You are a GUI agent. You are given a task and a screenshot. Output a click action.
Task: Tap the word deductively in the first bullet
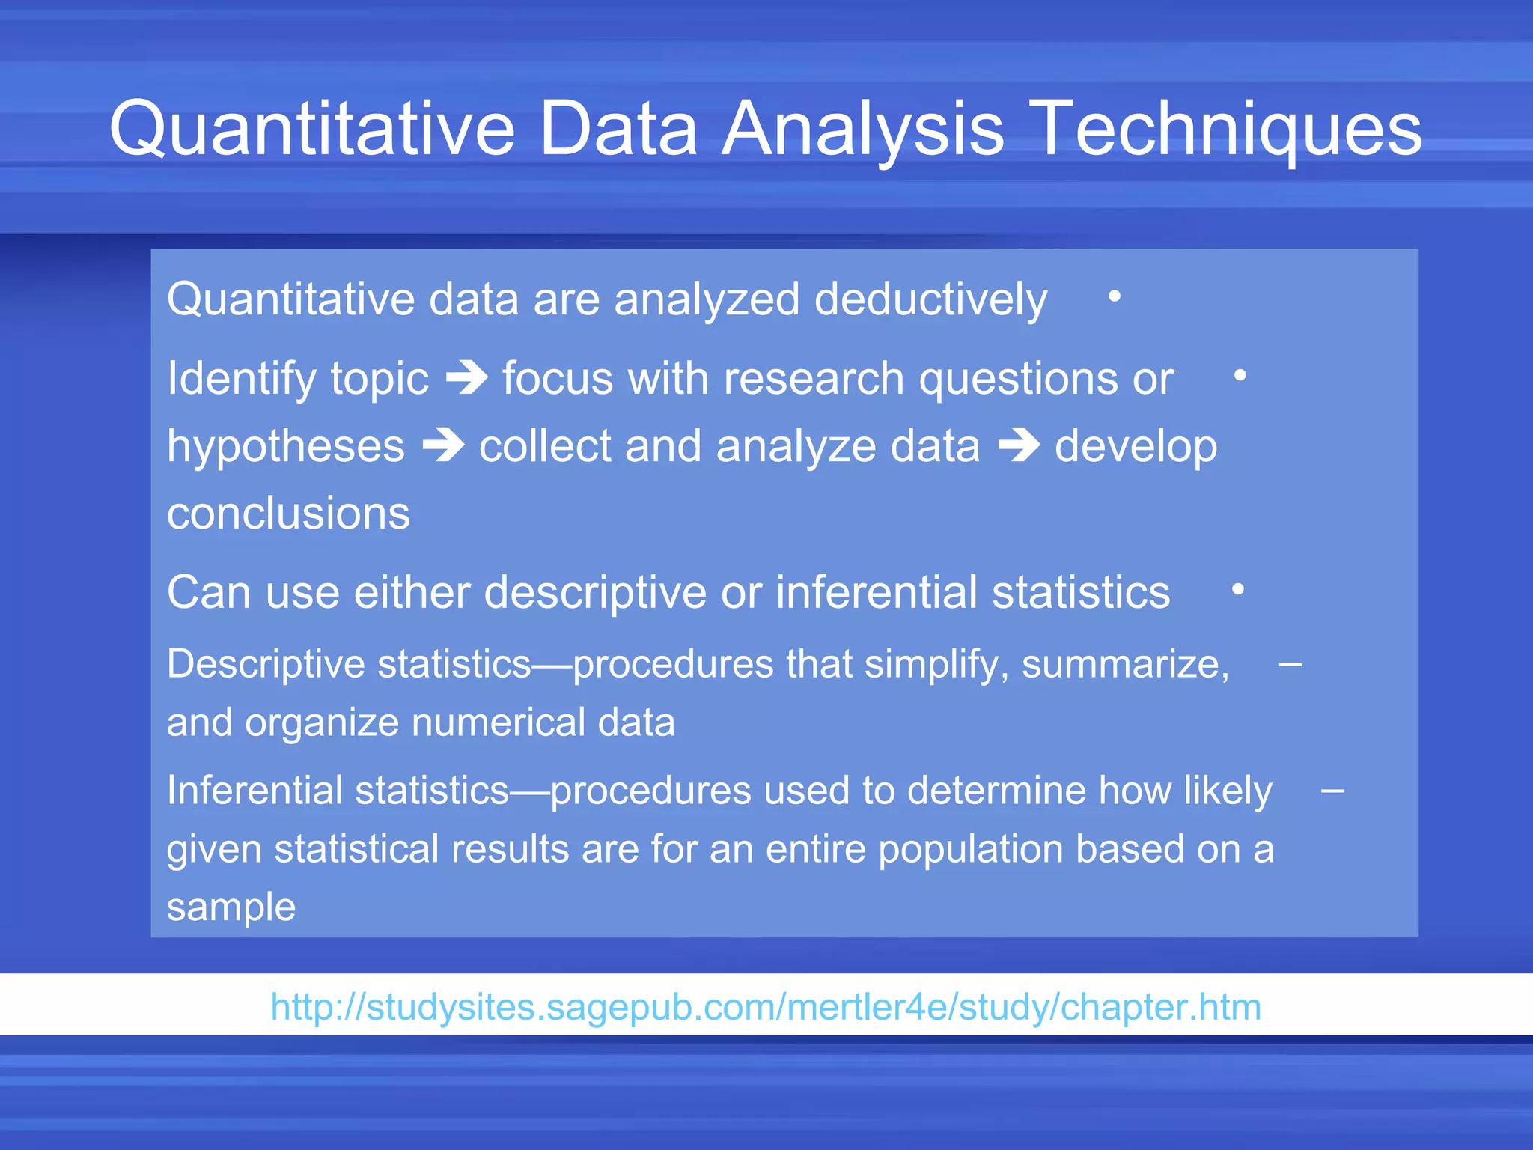tap(930, 299)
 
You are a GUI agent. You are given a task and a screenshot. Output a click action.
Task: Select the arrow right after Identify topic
tap(467, 377)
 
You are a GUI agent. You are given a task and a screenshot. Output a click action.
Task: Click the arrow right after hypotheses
tap(443, 445)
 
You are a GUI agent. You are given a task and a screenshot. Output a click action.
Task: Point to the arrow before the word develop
tap(1019, 445)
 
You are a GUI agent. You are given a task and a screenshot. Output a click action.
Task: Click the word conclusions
tap(288, 514)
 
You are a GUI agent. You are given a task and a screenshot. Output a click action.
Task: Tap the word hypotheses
tap(285, 447)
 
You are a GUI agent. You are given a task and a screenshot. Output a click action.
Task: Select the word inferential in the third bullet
tap(877, 592)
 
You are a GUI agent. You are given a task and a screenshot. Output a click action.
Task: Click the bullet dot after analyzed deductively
tap(1115, 297)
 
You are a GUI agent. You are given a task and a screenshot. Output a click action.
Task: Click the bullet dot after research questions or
tap(1240, 375)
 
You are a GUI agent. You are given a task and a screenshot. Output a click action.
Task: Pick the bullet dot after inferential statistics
tap(1238, 590)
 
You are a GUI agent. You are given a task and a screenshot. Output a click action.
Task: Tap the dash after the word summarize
tap(1290, 664)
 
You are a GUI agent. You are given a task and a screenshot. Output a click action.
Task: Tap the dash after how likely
tap(1332, 791)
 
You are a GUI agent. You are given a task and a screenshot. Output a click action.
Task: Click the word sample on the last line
tap(231, 907)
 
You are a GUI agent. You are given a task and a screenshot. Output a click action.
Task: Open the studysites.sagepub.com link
tap(765, 1006)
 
